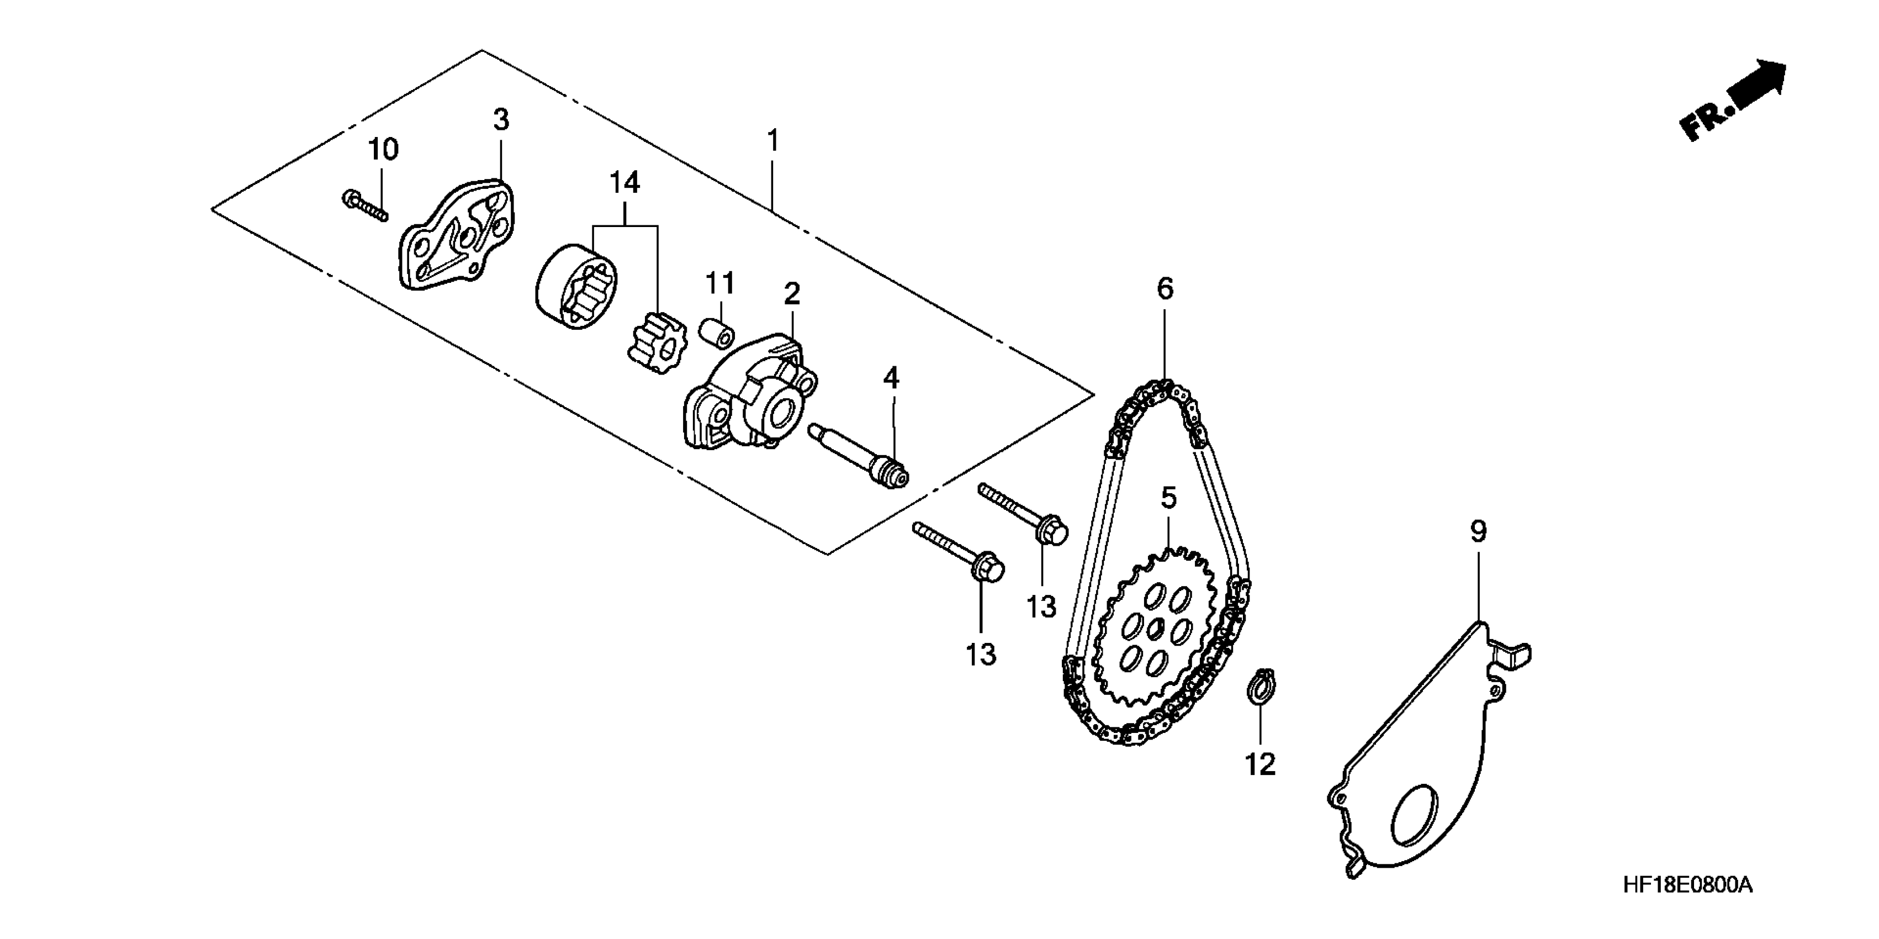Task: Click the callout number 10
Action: pos(383,150)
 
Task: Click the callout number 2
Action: pos(791,294)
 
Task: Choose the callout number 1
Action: pos(773,140)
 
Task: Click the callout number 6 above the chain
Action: pos(1165,289)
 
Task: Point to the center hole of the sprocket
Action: pos(1156,628)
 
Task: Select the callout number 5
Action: pos(1168,499)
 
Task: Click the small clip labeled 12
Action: pos(1261,688)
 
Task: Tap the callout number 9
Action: pos(1478,532)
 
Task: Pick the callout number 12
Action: pos(1261,764)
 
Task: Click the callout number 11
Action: pos(720,283)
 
